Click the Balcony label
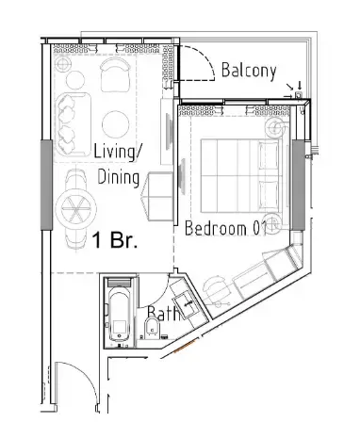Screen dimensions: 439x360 coord(248,70)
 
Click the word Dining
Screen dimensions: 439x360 coord(119,177)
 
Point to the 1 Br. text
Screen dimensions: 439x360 coord(115,239)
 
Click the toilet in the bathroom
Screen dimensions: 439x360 coord(152,331)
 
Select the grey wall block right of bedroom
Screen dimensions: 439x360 coord(299,184)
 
